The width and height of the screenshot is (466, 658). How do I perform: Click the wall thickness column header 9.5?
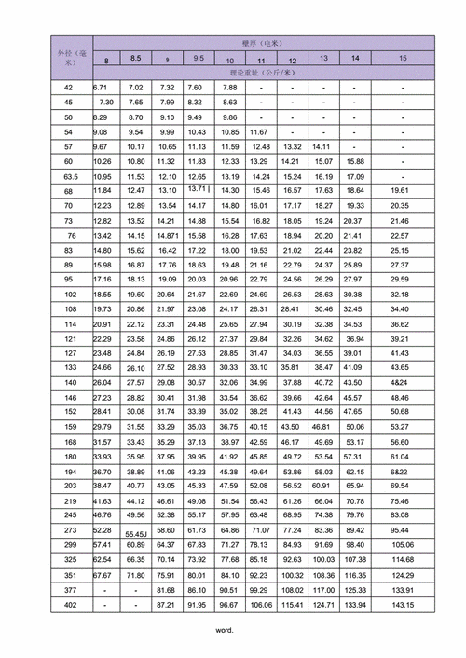coord(199,58)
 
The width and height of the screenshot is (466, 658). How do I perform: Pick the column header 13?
coord(323,58)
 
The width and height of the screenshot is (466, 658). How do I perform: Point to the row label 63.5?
coord(69,176)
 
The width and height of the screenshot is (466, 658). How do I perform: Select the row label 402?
coord(69,605)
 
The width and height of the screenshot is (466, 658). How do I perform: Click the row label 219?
coord(69,500)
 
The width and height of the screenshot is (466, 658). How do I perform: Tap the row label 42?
coord(69,87)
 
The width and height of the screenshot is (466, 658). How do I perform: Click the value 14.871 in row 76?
coord(168,236)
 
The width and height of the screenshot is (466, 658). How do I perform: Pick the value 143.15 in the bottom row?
coord(403,605)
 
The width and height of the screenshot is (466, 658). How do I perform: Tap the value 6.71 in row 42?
coord(103,87)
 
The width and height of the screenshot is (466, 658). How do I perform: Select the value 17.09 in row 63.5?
coord(355,176)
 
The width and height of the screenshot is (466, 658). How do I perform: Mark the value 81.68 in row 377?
coord(168,590)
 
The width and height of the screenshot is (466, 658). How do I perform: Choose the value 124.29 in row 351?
coord(403,575)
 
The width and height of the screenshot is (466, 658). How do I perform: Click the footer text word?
coord(224,630)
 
